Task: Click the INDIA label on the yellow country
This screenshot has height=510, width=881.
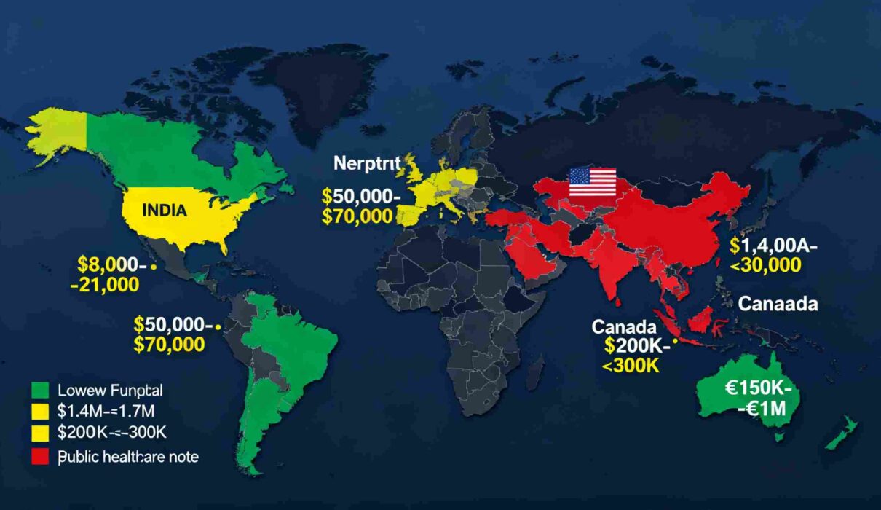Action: (165, 210)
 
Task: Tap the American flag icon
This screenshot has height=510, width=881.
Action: (592, 181)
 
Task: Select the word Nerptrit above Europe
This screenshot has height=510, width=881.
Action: (367, 163)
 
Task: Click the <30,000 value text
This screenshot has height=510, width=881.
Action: (765, 266)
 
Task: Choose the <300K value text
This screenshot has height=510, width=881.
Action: (631, 366)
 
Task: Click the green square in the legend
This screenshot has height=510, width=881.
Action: (42, 389)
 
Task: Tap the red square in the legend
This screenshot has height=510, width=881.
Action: (42, 457)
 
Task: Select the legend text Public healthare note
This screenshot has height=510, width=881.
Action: (127, 457)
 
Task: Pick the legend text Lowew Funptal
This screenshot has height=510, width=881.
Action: (109, 389)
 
